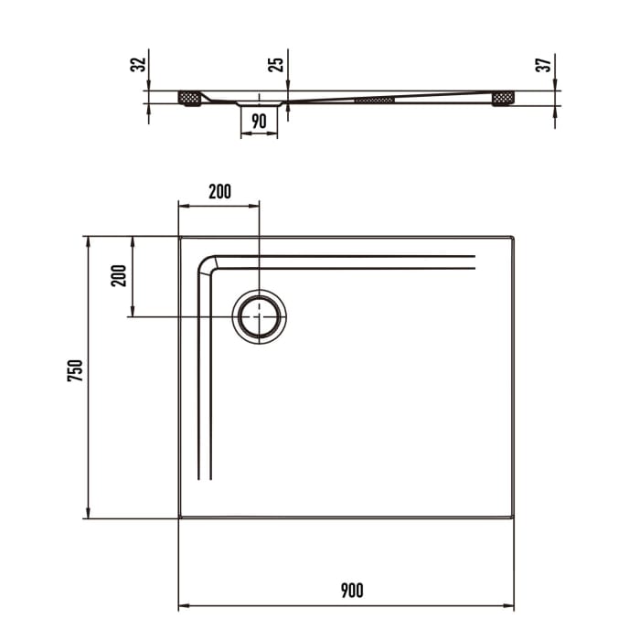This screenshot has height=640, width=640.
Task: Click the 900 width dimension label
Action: coord(351,590)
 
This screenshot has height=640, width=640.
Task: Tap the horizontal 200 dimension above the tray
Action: coord(219,191)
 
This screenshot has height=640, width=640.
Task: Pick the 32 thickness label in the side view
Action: coord(138,65)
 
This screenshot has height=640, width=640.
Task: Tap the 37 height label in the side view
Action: coord(543,65)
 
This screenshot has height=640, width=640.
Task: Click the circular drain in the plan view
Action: coord(261,317)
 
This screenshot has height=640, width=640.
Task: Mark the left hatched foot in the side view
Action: coord(190,97)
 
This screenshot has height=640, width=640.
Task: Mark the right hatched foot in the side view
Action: coord(503,97)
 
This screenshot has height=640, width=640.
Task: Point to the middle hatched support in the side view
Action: coord(375,99)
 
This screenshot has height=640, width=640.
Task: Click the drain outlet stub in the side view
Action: coord(259,104)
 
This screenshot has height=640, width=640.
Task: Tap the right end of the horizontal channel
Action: coord(474,261)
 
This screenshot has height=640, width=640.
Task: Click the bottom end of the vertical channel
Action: coord(205,477)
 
